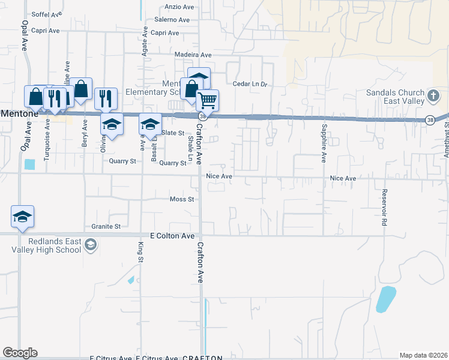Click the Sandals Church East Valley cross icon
point(433,96)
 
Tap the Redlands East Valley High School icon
point(90,244)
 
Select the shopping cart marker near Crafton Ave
point(207,100)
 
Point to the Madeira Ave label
point(193,55)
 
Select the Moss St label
point(182,199)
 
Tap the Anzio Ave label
point(179,7)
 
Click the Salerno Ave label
point(174,20)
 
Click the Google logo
point(20,353)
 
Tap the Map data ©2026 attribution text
point(423,355)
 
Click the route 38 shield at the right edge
point(430,120)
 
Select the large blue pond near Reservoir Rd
point(385,299)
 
